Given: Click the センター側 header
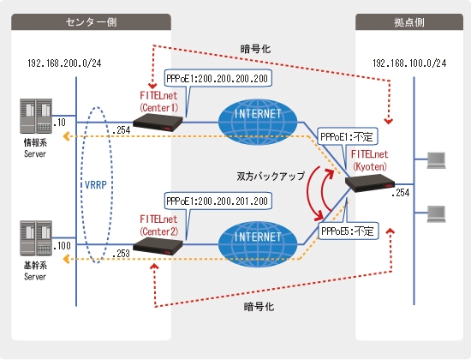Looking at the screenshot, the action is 91,22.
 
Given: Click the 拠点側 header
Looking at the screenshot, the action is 409,22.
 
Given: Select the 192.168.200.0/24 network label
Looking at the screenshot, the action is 64,63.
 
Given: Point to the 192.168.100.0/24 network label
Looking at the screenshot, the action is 409,63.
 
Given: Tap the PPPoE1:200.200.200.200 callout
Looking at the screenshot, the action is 218,79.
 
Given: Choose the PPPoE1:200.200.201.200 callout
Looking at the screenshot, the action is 218,201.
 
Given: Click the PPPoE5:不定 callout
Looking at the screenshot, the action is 348,231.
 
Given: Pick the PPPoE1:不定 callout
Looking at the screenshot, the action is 347,137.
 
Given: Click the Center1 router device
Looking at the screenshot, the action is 158,123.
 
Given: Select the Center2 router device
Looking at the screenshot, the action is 158,246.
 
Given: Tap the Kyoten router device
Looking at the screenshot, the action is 370,183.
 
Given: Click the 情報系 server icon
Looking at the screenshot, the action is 36,116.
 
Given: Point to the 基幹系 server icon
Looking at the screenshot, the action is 36,238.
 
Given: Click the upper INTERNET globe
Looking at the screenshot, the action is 258,122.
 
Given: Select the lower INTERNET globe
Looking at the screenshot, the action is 258,244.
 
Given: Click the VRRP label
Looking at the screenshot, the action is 96,185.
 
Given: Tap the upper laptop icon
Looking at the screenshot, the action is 437,160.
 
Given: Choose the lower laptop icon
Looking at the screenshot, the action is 437,214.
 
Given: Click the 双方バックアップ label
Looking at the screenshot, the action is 271,176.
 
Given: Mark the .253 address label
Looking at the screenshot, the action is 121,254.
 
